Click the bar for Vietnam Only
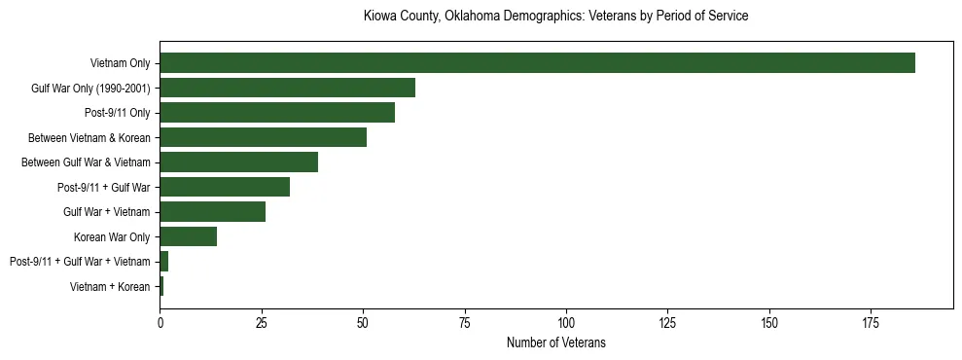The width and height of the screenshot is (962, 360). coord(537,63)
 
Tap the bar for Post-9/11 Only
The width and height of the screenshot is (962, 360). coord(277,113)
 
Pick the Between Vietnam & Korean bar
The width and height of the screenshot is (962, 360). coord(263,137)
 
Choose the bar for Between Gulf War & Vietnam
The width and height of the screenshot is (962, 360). coord(238,162)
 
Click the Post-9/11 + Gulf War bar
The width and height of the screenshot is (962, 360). coord(225,187)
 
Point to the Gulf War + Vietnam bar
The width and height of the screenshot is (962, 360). coord(212,212)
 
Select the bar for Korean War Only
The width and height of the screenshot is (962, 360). coord(188,236)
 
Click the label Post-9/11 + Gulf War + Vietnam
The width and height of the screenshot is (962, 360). coord(80,262)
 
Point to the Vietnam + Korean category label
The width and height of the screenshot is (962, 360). coord(110,287)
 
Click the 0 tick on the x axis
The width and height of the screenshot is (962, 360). coord(160,322)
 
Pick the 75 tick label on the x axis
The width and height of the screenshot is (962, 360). coord(464,322)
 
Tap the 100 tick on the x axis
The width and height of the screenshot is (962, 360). coord(566,322)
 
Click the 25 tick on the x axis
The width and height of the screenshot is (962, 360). coord(261,322)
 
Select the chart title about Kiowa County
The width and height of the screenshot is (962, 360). coord(555,17)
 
